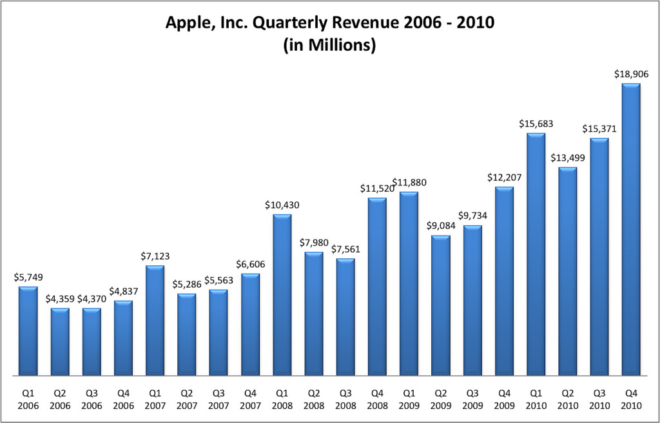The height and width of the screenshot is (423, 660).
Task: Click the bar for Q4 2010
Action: coord(630,229)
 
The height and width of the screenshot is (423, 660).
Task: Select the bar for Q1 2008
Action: coord(282,294)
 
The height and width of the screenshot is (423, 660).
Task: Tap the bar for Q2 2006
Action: coord(60,341)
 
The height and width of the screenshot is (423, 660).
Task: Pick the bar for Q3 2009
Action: coord(472,300)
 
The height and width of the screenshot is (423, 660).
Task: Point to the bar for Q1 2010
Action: coord(536,254)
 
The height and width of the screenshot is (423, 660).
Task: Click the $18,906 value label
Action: coord(630,75)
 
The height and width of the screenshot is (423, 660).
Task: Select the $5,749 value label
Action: coord(28,277)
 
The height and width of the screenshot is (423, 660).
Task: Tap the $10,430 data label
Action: coord(282,205)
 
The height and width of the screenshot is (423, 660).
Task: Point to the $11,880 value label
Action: coord(409,183)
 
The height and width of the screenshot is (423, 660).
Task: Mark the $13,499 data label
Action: coord(567,158)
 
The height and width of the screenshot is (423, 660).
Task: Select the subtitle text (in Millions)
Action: coord(329,46)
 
